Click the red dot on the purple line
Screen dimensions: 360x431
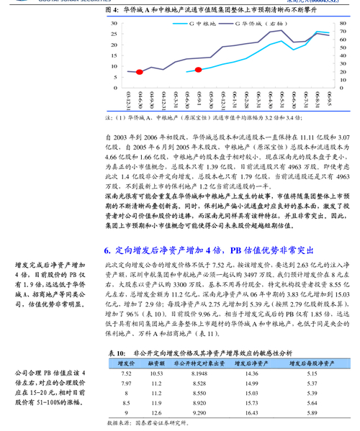(x=140, y=72)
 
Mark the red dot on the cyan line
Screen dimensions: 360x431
(x=199, y=70)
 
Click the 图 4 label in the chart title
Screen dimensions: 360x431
(x=112, y=12)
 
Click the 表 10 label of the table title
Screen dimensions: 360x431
(x=116, y=354)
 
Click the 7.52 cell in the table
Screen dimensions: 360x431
(x=126, y=374)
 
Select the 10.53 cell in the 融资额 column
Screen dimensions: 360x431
(x=156, y=374)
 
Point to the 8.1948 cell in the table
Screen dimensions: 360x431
(x=199, y=374)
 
